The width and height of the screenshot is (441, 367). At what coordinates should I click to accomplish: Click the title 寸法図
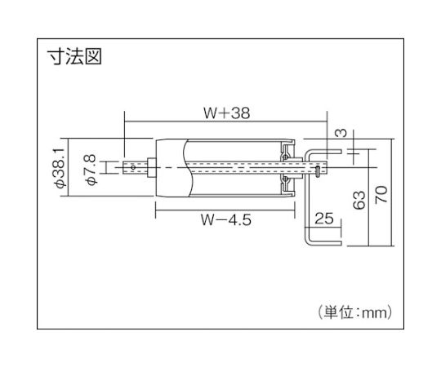[x=74, y=57]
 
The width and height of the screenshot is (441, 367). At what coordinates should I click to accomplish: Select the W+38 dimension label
[x=227, y=113]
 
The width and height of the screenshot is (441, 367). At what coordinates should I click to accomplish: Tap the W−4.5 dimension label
[x=226, y=219]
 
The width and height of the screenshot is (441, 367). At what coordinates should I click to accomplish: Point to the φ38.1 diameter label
[x=60, y=168]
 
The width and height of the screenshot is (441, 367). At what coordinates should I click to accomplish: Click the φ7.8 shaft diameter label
[x=91, y=170]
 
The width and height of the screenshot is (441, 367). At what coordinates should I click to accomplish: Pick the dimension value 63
[x=359, y=200]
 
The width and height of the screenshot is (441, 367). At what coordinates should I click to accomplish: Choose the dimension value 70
[x=381, y=195]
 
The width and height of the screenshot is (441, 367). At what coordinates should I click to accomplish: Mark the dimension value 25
[x=324, y=219]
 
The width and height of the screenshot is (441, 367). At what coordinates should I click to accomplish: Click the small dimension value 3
[x=341, y=133]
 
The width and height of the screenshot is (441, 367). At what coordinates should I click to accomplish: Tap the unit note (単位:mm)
[x=355, y=312]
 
